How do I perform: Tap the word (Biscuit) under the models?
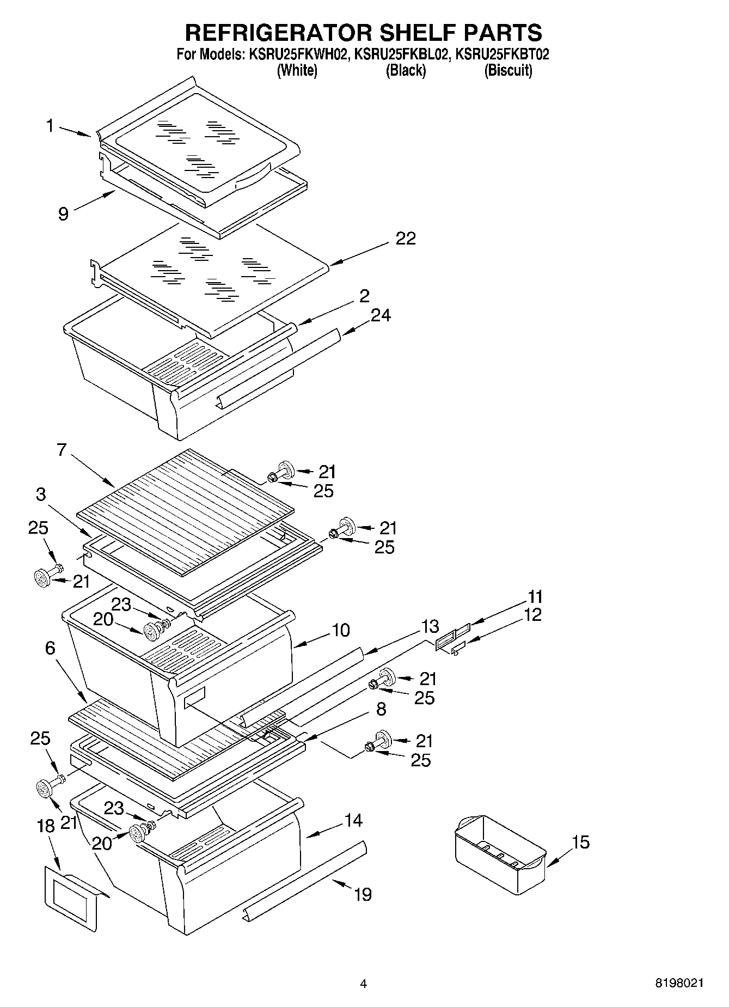[508, 70]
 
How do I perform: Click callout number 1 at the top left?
[50, 126]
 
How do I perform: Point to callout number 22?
[406, 239]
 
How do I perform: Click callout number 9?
[63, 213]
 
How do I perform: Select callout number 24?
[381, 315]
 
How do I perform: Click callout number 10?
[340, 630]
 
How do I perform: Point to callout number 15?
[581, 842]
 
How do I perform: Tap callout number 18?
[46, 826]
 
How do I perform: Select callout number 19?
[363, 894]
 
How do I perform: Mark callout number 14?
[353, 820]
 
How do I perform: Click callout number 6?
[50, 648]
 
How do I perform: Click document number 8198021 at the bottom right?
[679, 983]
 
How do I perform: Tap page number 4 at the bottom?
[364, 984]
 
